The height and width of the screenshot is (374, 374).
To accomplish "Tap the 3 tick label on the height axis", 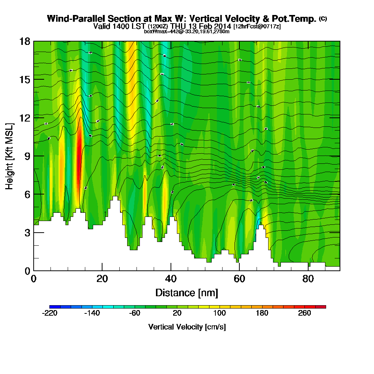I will (27, 233).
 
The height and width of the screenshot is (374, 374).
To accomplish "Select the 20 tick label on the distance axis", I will (102, 279).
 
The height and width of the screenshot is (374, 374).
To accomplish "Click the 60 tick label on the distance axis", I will (239, 279).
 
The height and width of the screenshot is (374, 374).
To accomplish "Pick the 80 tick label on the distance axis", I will (308, 279).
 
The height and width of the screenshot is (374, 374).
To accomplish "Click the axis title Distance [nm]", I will (187, 292).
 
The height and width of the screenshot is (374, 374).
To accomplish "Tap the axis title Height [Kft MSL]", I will (9, 156).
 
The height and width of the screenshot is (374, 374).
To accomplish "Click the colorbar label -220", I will (50, 313).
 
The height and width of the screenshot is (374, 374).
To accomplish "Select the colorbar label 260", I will (304, 313).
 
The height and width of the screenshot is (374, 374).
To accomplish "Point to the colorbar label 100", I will (220, 313).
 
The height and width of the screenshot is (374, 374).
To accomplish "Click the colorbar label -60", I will (135, 313).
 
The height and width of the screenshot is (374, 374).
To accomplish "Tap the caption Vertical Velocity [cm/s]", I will (187, 327).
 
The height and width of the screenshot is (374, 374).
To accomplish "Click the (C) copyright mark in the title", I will (323, 18).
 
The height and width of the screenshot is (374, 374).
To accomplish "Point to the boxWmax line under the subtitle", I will (187, 31).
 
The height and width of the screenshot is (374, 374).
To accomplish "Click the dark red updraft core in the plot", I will (79, 150).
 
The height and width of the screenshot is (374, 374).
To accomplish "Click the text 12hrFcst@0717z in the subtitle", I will (257, 27).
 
